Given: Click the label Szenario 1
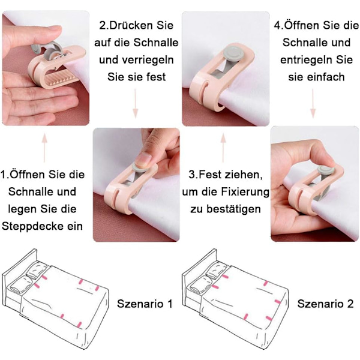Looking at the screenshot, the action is tap(145, 304).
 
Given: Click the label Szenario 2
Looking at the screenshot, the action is tap(325, 304).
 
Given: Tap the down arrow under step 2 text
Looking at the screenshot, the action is tap(136, 104).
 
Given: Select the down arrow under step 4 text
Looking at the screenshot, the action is tap(313, 104).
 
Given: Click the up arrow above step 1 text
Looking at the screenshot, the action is tap(44, 148).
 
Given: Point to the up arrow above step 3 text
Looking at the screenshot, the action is tap(223, 148).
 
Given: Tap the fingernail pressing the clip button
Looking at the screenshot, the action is tap(143, 158).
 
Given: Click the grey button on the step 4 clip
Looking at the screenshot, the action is tap(326, 170).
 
